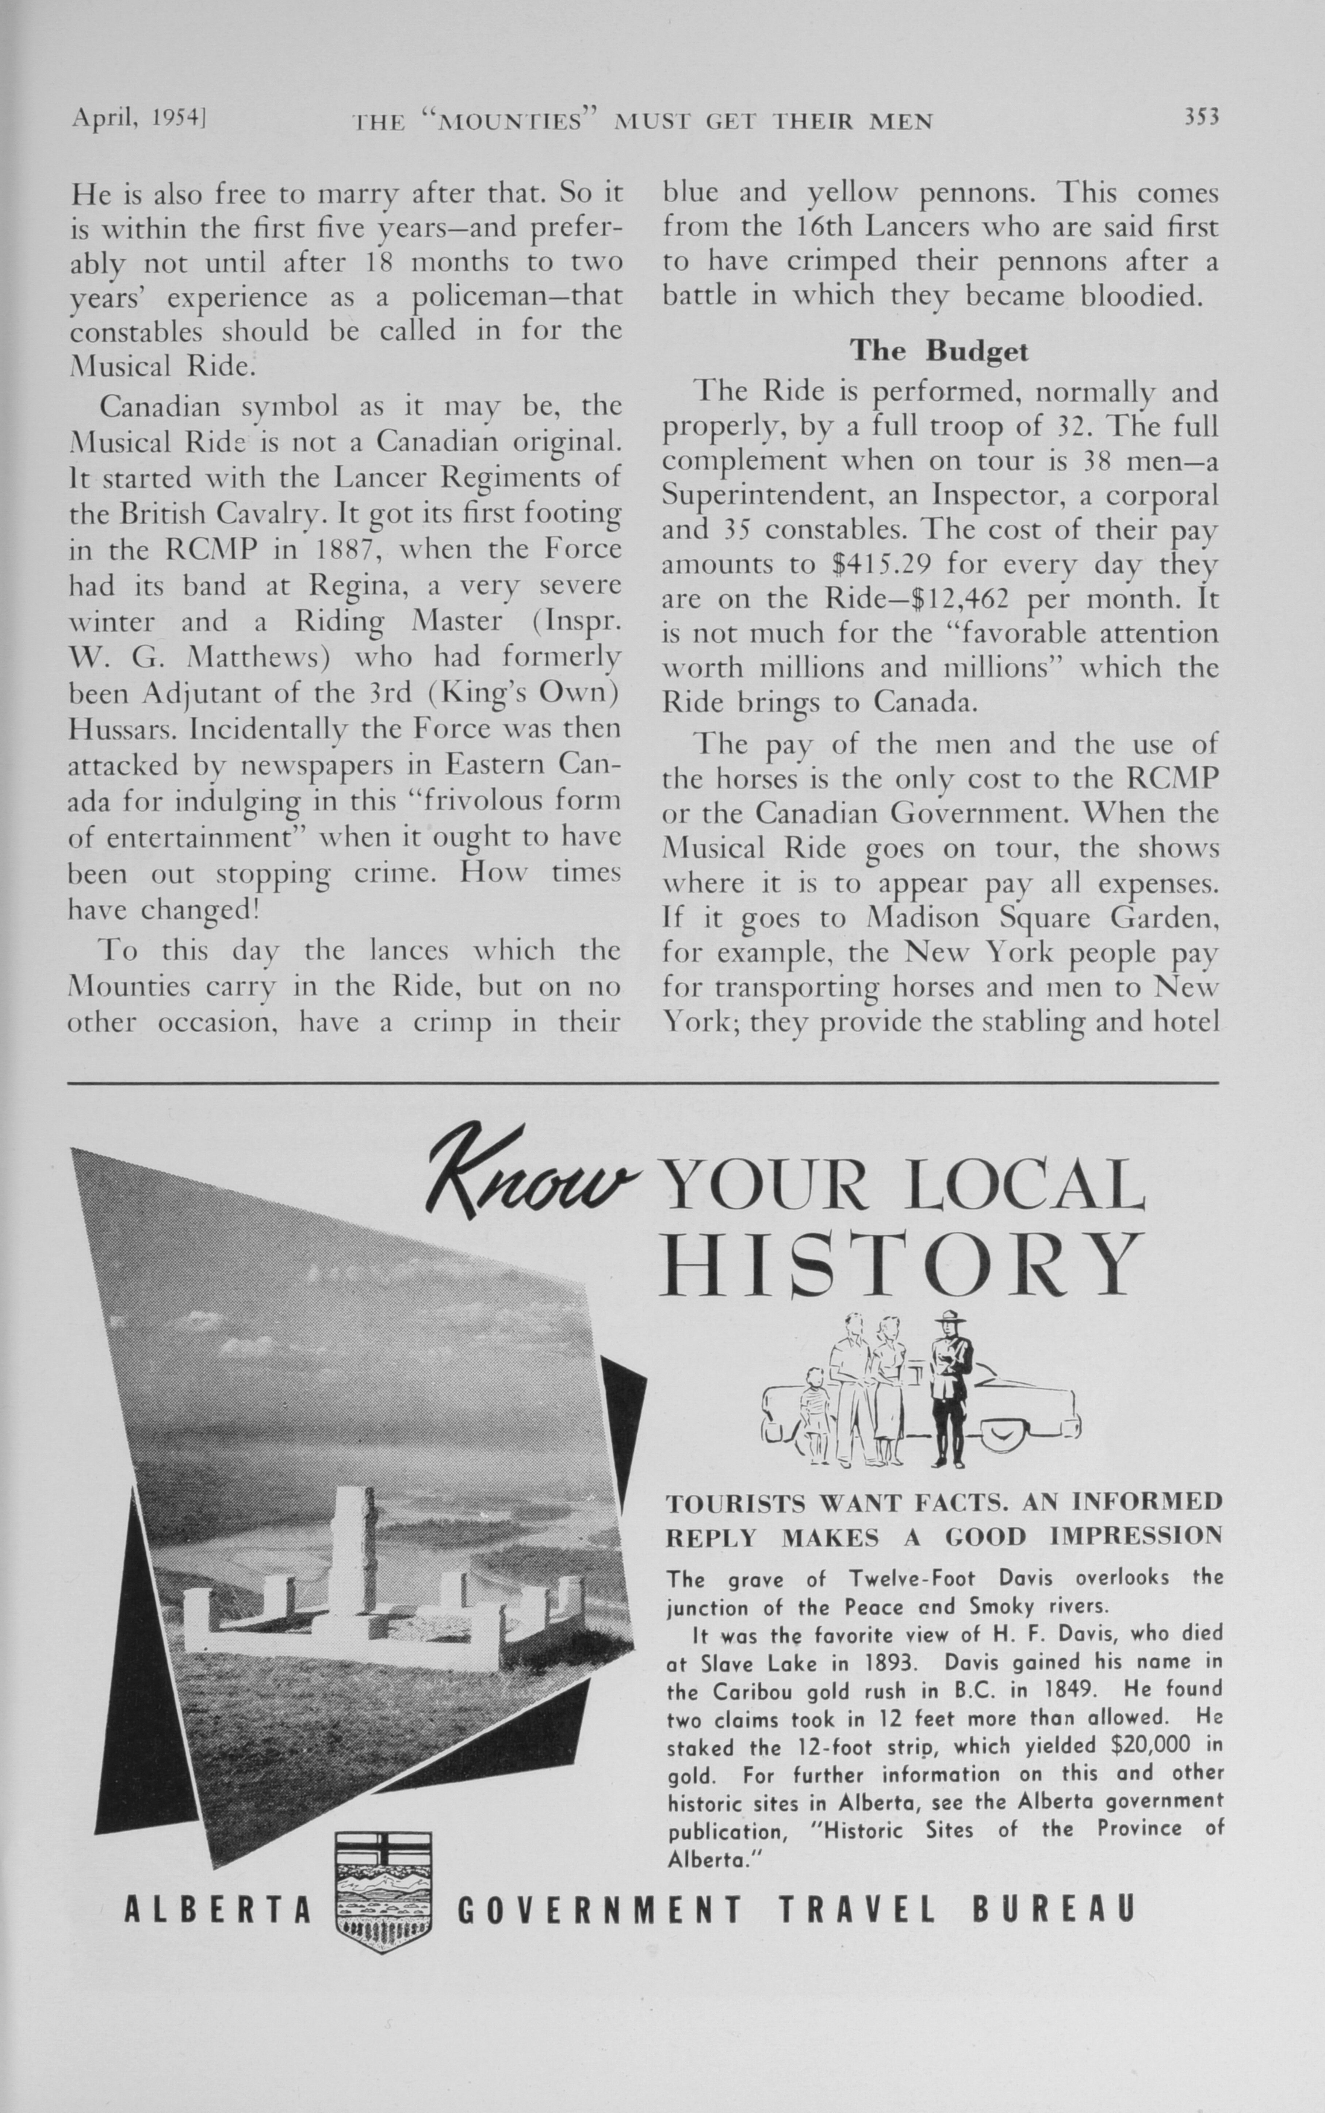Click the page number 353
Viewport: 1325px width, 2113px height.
tap(1202, 117)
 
